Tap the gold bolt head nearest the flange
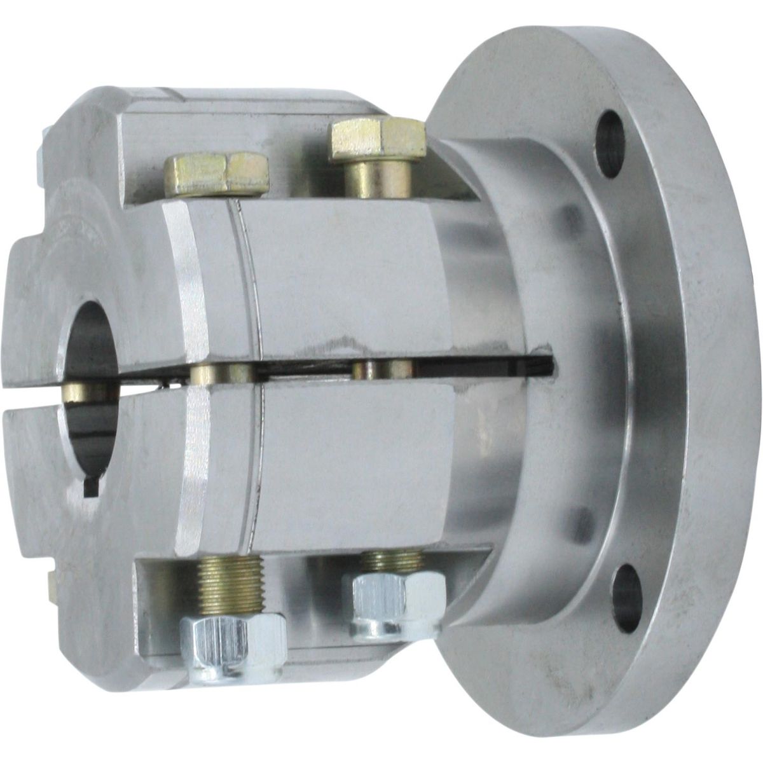coord(376,139)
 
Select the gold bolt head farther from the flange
coord(216,173)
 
